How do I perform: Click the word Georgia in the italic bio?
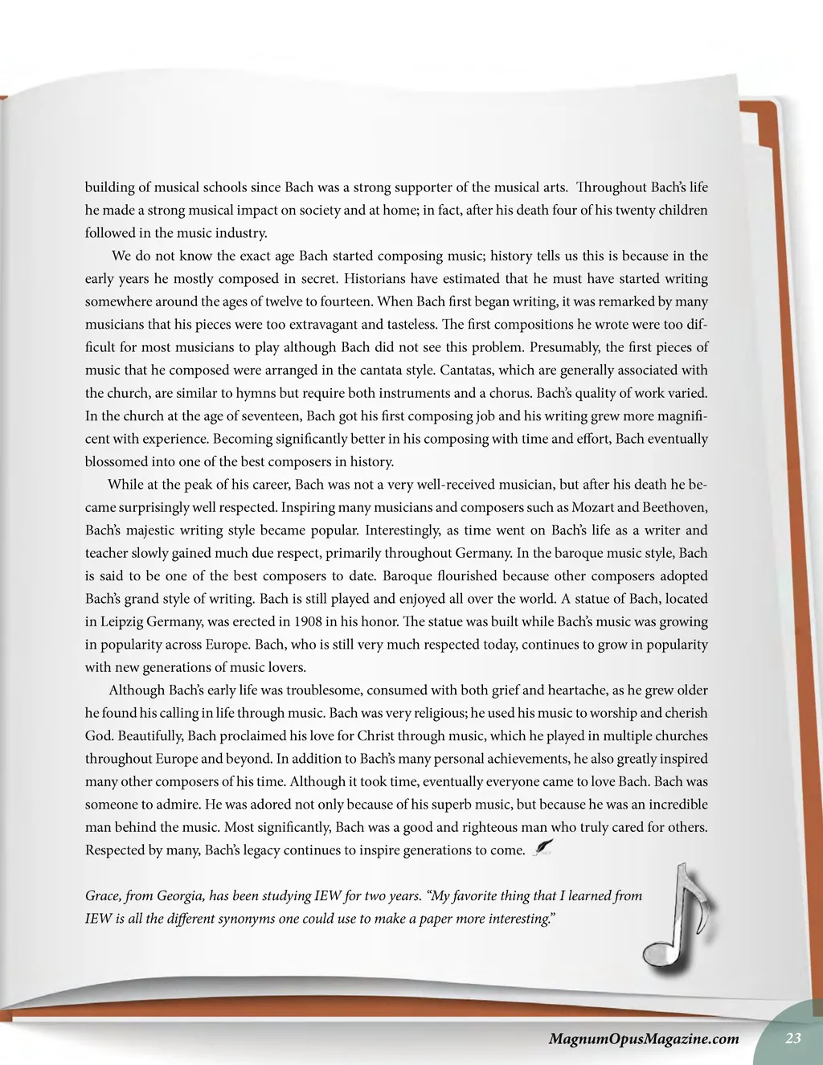[186, 895]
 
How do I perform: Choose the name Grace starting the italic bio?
[102, 895]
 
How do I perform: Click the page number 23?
[793, 1038]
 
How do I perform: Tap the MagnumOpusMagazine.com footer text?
[643, 1038]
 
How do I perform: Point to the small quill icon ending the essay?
[543, 847]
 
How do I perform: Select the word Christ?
[375, 735]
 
